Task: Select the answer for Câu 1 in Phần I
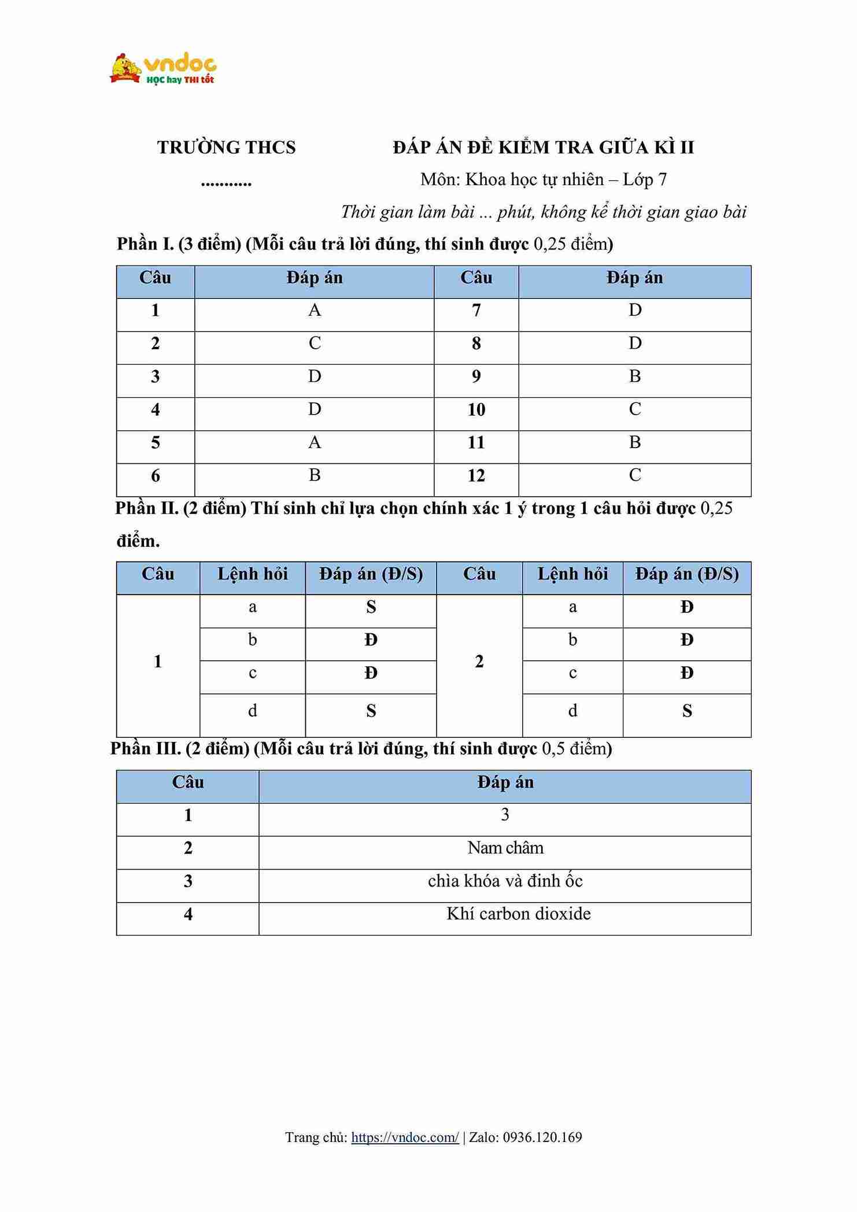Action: [314, 311]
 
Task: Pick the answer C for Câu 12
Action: [634, 475]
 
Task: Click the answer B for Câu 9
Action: [634, 376]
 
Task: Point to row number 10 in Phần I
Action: [476, 410]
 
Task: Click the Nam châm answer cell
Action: [505, 848]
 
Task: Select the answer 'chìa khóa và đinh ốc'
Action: [505, 881]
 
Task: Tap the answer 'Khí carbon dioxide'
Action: [518, 914]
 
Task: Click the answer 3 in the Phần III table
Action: [505, 815]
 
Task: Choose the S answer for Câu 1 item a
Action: [371, 607]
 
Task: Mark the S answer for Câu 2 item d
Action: [686, 711]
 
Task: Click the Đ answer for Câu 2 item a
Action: [686, 607]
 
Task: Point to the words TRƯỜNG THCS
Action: [226, 148]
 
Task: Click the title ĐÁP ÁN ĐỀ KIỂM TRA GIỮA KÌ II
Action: [543, 148]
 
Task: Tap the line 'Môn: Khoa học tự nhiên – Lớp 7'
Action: [543, 180]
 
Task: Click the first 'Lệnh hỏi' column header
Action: [252, 574]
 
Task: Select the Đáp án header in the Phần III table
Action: [505, 783]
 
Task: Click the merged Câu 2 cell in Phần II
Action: [479, 662]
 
